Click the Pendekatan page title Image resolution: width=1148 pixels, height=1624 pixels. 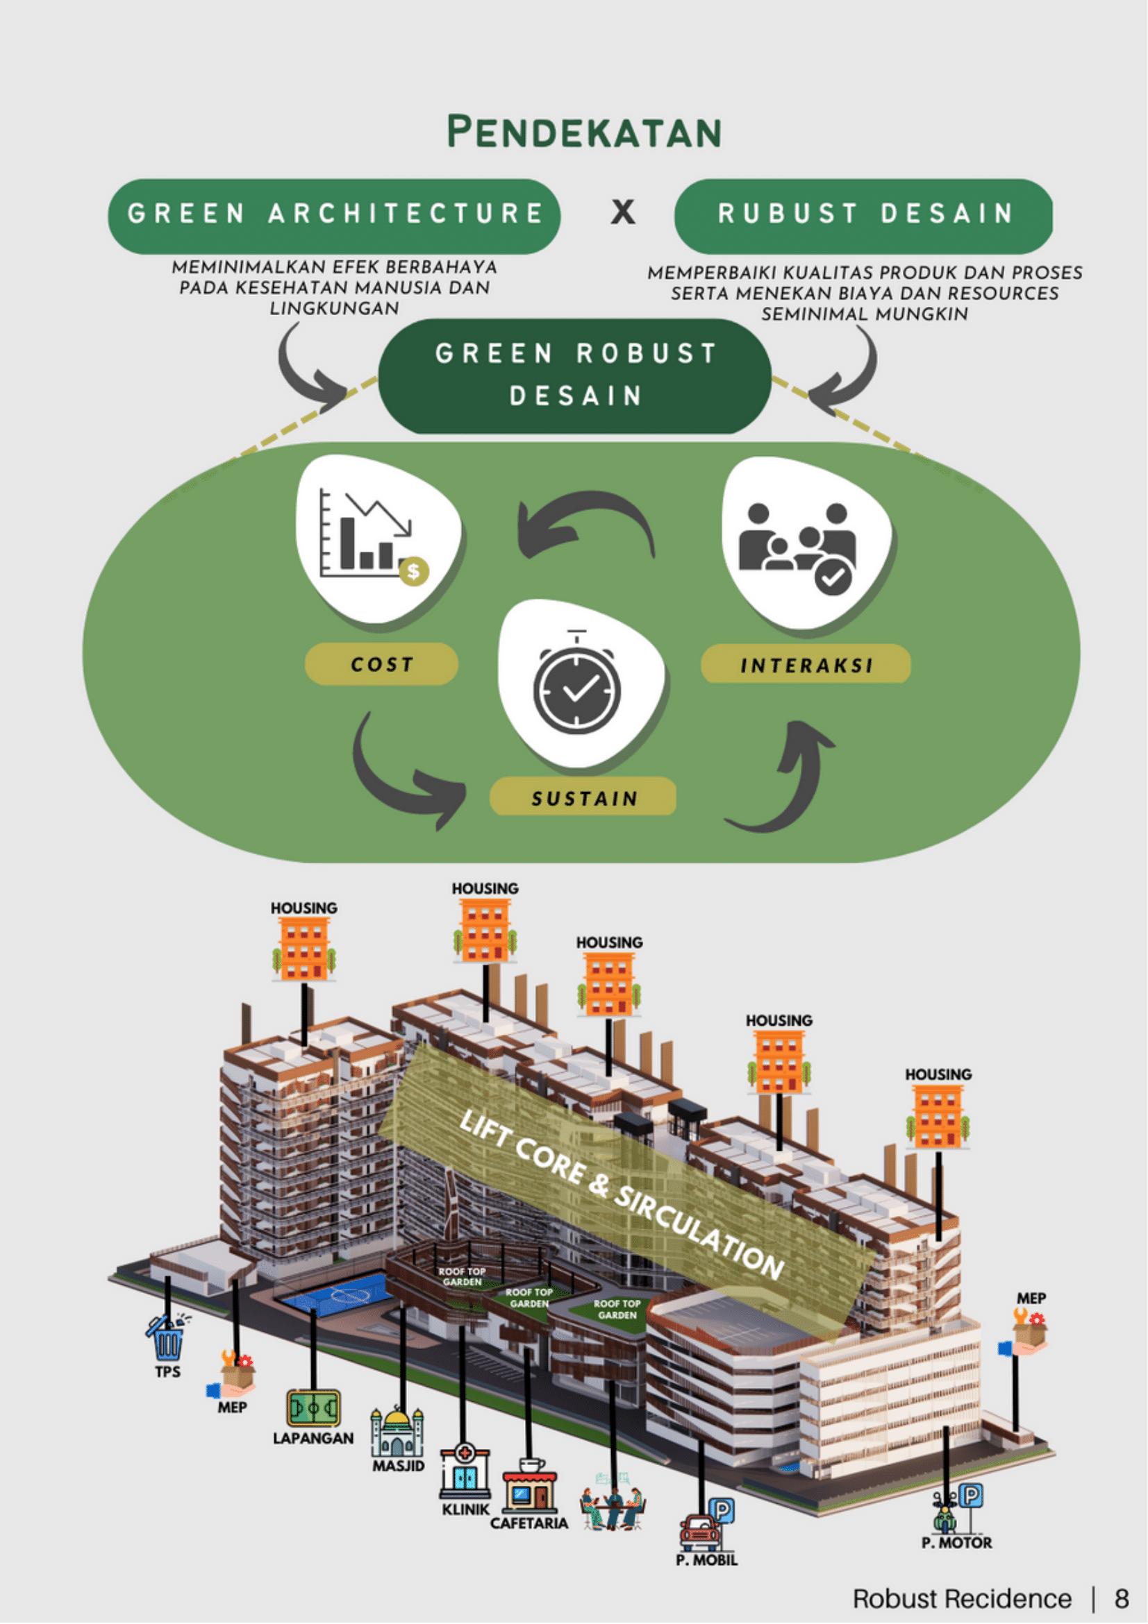(x=585, y=133)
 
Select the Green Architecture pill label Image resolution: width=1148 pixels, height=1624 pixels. (x=334, y=214)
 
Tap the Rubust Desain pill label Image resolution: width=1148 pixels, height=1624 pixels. (x=864, y=214)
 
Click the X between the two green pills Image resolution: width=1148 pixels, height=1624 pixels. (x=623, y=212)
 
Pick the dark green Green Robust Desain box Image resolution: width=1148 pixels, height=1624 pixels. (x=575, y=375)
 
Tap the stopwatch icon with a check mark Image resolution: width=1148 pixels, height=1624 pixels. (x=577, y=690)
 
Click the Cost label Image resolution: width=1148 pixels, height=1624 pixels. (x=381, y=664)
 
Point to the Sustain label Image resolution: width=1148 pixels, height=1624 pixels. (x=584, y=799)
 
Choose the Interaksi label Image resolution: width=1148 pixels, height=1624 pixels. (x=806, y=665)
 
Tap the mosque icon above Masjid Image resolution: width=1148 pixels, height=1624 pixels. (x=398, y=1432)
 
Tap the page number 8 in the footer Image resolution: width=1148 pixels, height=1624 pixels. (x=1122, y=1593)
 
